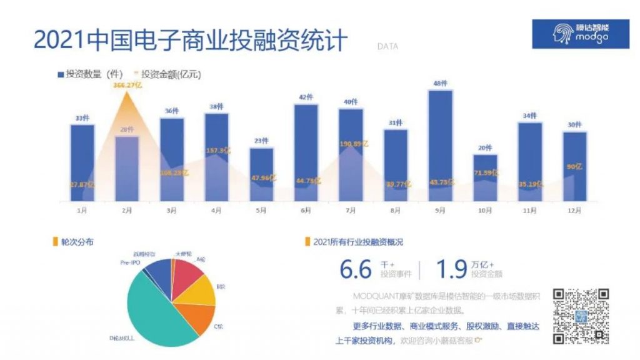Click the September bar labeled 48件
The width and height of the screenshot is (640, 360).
coord(441,144)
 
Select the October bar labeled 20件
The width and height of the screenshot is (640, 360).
coord(486,178)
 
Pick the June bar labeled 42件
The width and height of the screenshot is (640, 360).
coord(306,150)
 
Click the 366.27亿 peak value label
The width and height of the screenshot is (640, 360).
coord(127,85)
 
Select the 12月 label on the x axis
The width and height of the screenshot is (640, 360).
coord(575,211)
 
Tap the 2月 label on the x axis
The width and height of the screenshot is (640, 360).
coord(127,211)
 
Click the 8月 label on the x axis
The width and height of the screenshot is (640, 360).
coord(396,211)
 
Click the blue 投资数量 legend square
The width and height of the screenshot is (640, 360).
coord(61,74)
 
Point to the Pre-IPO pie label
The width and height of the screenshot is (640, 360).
coord(130,264)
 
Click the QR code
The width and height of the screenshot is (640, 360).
coord(581,316)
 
